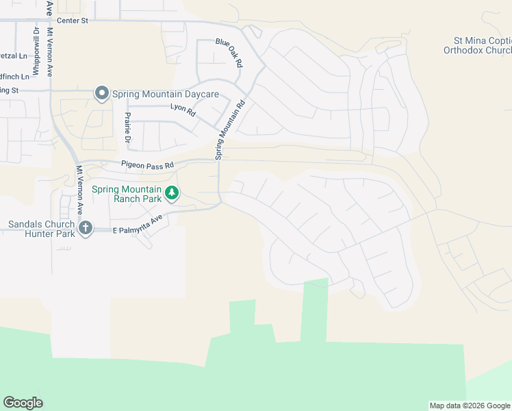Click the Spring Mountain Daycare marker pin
102,93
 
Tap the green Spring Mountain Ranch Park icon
172,194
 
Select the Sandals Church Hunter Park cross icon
85,228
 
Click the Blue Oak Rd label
229,52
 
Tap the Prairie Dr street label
127,130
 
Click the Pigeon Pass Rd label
148,165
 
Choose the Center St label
73,21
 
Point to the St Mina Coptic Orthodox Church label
477,46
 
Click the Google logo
23,403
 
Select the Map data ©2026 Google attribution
470,406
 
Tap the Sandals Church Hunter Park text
40,229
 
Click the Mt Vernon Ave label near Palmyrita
79,188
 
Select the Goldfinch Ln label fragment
14,76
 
